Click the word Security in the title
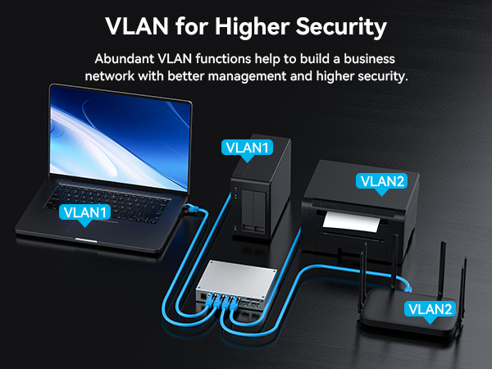tap(341, 27)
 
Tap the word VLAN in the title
tap(137, 26)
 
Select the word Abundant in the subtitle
tap(125, 59)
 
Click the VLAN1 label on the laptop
tap(84, 212)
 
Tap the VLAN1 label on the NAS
tap(247, 148)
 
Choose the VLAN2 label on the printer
tap(381, 181)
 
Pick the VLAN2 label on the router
tap(430, 309)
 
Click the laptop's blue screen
tap(120, 138)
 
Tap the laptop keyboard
tap(108, 203)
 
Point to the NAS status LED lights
tap(235, 193)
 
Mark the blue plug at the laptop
tap(191, 209)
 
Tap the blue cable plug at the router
tap(408, 287)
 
